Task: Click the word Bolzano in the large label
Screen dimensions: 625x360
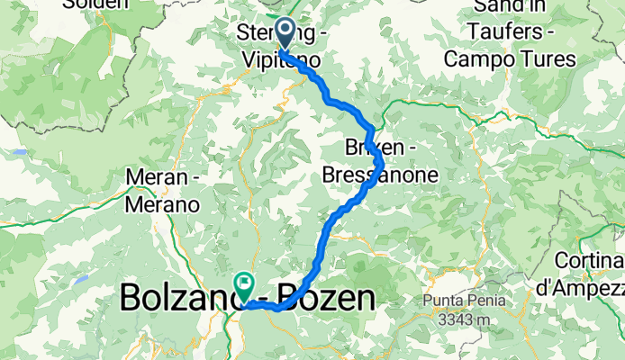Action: (x=175, y=297)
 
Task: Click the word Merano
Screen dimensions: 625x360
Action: (x=162, y=204)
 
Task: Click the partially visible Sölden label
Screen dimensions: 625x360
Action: (x=100, y=4)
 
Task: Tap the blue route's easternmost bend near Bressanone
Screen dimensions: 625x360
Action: (x=383, y=164)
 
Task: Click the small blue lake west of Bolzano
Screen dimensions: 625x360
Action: (x=79, y=280)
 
